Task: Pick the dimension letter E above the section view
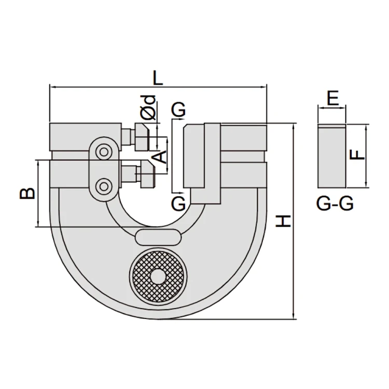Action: click(x=332, y=98)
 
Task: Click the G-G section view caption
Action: click(x=335, y=204)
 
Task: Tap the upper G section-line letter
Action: click(x=178, y=109)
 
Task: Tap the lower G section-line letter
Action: click(x=178, y=203)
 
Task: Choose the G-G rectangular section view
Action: click(x=332, y=156)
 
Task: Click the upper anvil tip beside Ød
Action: click(x=143, y=136)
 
